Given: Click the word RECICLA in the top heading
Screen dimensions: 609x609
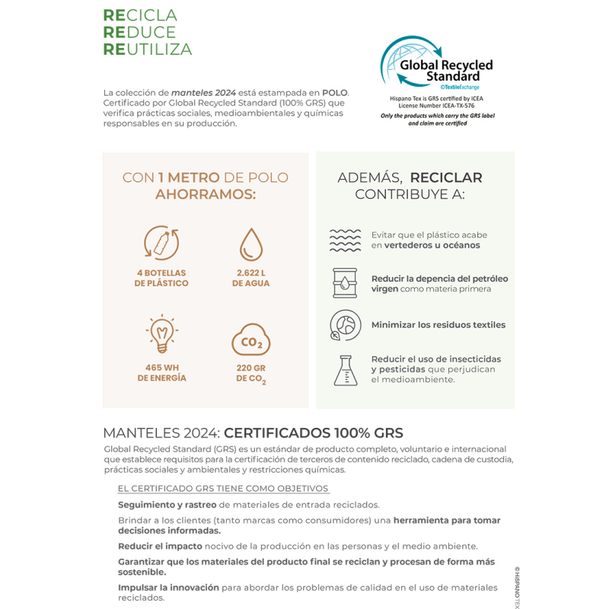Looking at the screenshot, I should pyautogui.click(x=140, y=15).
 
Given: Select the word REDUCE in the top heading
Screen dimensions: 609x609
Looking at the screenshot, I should pyautogui.click(x=139, y=33).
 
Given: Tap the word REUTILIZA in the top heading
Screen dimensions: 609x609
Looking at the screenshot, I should pyautogui.click(x=148, y=50).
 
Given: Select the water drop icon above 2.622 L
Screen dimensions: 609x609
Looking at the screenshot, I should pyautogui.click(x=250, y=244).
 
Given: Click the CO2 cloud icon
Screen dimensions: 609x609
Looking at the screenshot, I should pyautogui.click(x=250, y=340).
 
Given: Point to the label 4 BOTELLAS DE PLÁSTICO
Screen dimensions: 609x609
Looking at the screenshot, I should pyautogui.click(x=161, y=278).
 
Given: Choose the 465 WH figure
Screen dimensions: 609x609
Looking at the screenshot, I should pyautogui.click(x=161, y=367).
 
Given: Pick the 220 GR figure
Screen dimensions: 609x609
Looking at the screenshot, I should pyautogui.click(x=250, y=367).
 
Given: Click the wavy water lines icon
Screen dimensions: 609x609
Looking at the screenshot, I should pyautogui.click(x=345, y=240).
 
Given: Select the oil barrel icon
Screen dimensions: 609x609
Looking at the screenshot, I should pyautogui.click(x=345, y=283).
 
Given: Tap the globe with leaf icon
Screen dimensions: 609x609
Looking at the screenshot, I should pyautogui.click(x=345, y=325).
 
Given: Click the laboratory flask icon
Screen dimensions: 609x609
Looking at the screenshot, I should pyautogui.click(x=345, y=369).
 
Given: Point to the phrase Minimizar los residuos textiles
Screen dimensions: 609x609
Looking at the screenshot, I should pyautogui.click(x=438, y=325).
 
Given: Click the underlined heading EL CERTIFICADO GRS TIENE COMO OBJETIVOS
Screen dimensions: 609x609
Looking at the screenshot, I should pyautogui.click(x=223, y=489).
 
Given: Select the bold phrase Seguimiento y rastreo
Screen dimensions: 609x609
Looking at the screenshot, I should pyautogui.click(x=167, y=505).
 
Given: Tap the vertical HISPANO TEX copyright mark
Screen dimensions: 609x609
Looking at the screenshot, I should pyautogui.click(x=516, y=586).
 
